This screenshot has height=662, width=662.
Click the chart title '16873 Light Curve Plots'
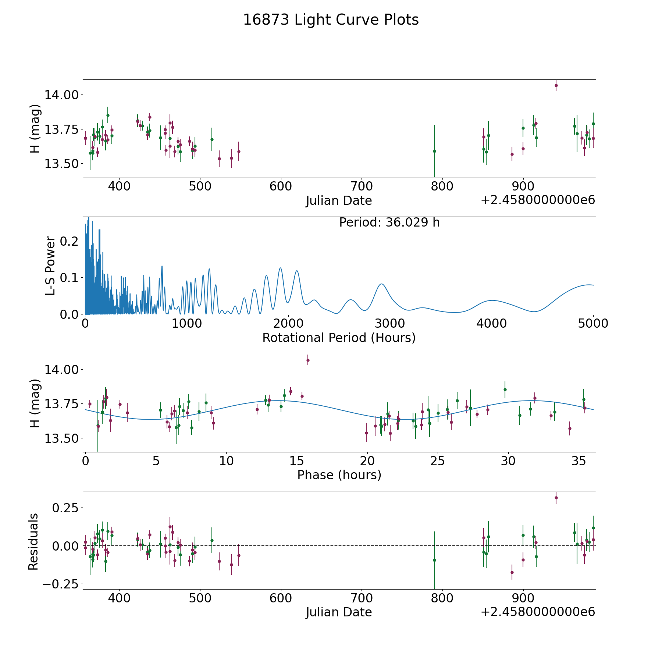coord(331,20)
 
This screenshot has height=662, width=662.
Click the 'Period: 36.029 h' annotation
coord(389,223)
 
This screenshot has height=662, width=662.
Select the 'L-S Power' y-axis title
coord(50,266)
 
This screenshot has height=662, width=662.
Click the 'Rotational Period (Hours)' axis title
coord(339,338)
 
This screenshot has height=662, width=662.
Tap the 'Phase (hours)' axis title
coord(339,475)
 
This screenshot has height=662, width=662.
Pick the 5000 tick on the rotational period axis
coord(592,323)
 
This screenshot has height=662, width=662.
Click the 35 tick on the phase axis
coord(579,460)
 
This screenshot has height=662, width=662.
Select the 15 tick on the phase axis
coord(296,460)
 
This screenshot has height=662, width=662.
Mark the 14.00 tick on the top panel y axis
coord(61,95)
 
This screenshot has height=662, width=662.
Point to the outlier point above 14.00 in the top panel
coord(556,85)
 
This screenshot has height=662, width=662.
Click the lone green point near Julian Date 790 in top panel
coord(434,151)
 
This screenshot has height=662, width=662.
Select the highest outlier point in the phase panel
coord(308,360)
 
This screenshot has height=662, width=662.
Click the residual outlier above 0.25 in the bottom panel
coord(556,498)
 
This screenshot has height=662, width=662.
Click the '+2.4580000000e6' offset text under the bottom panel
coord(538,612)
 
